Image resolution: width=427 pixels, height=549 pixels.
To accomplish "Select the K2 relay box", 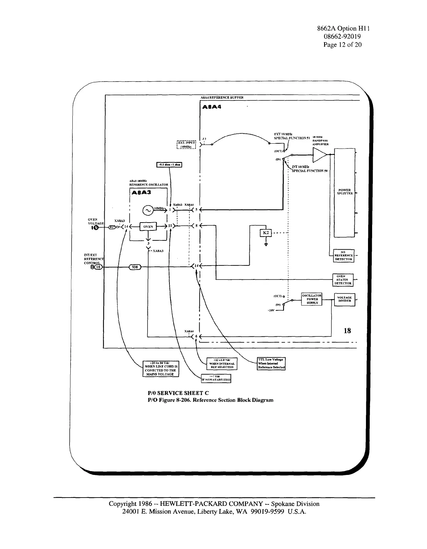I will pos(266,233).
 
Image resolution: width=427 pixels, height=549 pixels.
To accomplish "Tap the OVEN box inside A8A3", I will pos(148,227).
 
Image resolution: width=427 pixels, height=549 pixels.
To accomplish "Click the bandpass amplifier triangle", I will pos(319,156).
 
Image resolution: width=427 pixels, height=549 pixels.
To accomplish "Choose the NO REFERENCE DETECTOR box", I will pos(344,255).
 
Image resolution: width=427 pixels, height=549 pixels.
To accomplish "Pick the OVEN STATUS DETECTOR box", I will pos(344,280).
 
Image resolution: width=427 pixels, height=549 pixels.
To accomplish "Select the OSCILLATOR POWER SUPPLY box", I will pos(311,299).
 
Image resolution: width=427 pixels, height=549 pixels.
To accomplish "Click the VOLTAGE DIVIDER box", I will pos(344,299).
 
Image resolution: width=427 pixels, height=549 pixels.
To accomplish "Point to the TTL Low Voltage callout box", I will pos(271,363).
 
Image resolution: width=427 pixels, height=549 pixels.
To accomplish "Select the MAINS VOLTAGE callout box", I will pos(161,369).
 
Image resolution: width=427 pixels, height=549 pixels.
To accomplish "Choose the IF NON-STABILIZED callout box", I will pos(216,378).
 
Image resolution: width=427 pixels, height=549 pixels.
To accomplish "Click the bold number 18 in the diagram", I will pos(347,331).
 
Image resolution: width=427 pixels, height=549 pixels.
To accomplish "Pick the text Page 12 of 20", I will pos(342,45).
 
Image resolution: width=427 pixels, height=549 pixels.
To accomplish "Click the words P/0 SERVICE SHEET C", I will pos(178,393).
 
